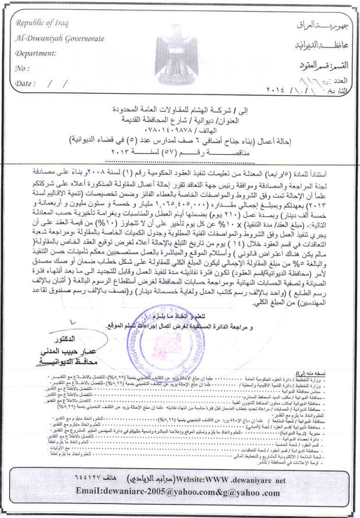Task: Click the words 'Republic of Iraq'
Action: pyautogui.click(x=41, y=23)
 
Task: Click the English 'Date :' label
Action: pyautogui.click(x=25, y=83)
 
